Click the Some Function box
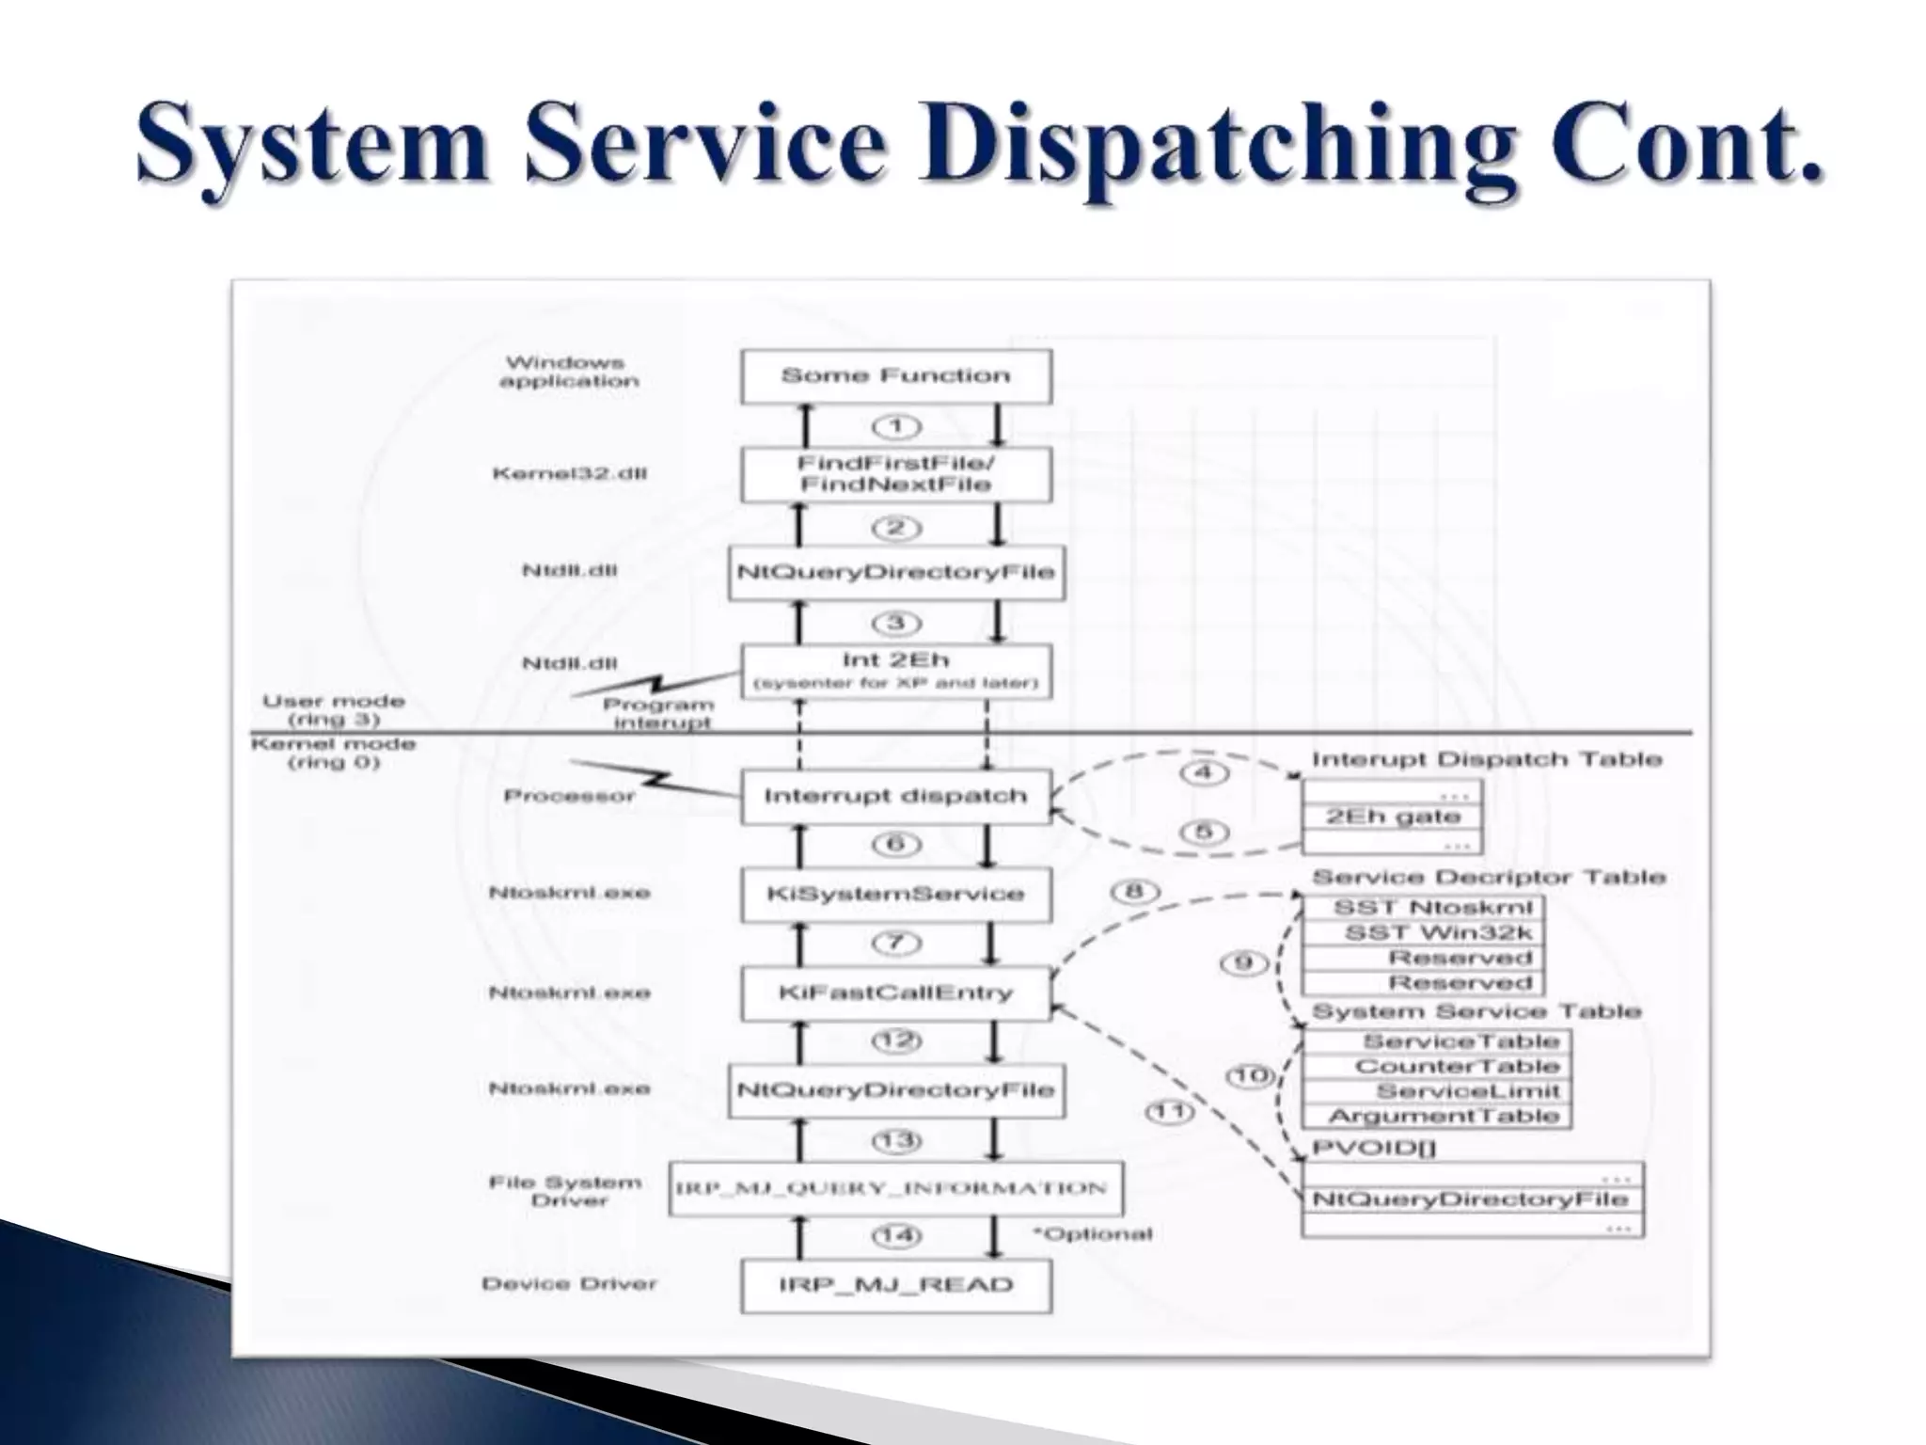(x=895, y=377)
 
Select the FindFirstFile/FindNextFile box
(x=895, y=474)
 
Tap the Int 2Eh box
(x=895, y=671)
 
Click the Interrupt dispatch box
(x=895, y=797)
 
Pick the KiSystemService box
(x=895, y=894)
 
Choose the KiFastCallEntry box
(x=895, y=993)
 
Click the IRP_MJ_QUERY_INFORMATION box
(x=895, y=1188)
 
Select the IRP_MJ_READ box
(x=895, y=1286)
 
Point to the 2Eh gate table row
(x=1393, y=817)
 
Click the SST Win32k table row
(x=1423, y=933)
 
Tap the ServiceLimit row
(x=1436, y=1091)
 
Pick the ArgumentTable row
(x=1436, y=1117)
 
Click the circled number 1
(x=896, y=427)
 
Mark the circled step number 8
(x=1136, y=891)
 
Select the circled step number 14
(x=896, y=1235)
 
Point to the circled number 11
(x=1169, y=1112)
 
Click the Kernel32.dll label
(x=570, y=473)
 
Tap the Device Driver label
(x=569, y=1284)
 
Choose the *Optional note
(x=1092, y=1234)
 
